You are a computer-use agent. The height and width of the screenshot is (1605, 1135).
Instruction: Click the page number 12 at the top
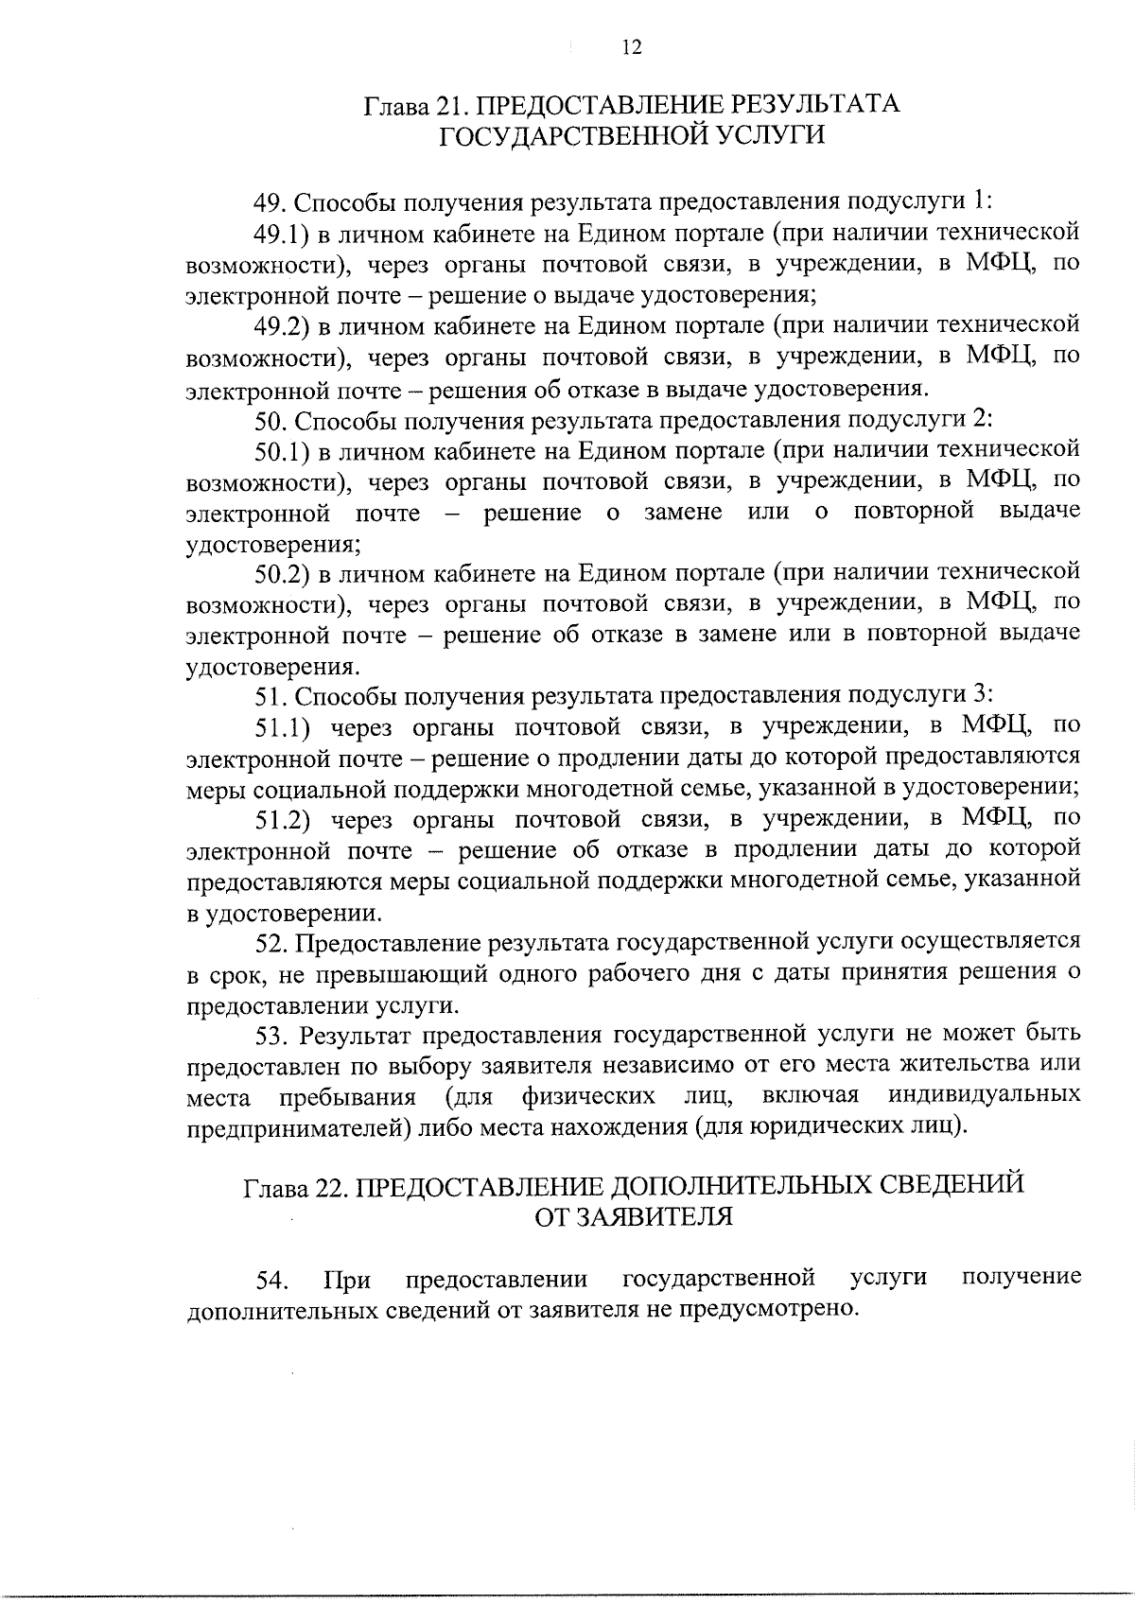633,47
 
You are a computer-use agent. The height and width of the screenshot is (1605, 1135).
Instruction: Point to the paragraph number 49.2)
283,325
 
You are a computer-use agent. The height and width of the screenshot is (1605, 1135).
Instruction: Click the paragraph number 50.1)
283,450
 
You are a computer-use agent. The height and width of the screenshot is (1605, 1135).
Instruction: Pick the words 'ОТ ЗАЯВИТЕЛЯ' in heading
633,1217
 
